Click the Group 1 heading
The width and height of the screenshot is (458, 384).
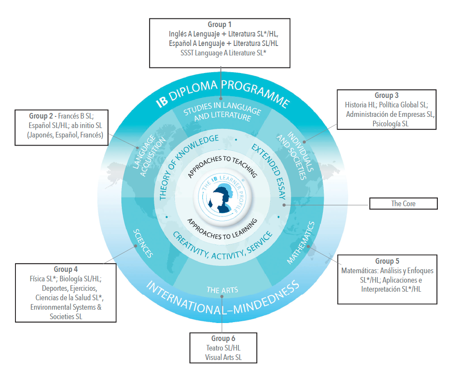pyautogui.click(x=220, y=24)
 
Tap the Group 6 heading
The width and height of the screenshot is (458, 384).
pyautogui.click(x=223, y=338)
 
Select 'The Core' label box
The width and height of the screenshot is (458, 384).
pyautogui.click(x=403, y=204)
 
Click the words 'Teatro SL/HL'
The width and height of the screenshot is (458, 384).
pyautogui.click(x=223, y=348)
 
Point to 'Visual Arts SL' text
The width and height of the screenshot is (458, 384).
pyautogui.click(x=223, y=357)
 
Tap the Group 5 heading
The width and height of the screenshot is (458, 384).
pyautogui.click(x=387, y=261)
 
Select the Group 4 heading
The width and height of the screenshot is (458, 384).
pyautogui.click(x=66, y=269)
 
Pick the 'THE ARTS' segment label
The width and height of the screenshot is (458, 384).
pyautogui.click(x=222, y=290)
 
